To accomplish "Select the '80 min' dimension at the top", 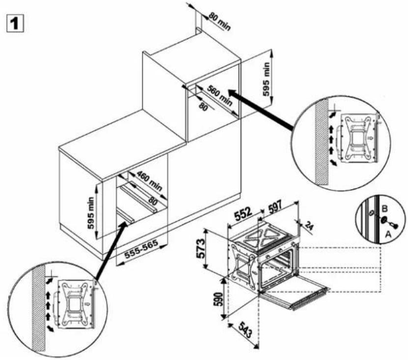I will [219, 21].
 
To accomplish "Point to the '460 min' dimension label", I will [149, 181].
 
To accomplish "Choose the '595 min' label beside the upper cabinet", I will [267, 79].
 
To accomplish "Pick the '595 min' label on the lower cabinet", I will [90, 213].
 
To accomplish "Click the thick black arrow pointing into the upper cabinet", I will [260, 110].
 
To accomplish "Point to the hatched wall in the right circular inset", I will [322, 142].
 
